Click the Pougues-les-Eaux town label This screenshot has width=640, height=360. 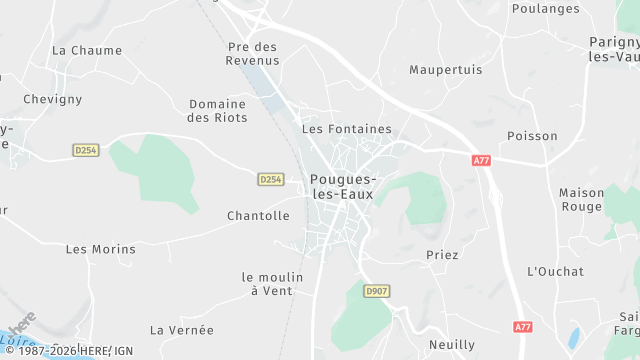pos(342,187)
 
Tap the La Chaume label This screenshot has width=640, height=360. pos(87,50)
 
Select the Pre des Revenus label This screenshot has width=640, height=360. pos(253,53)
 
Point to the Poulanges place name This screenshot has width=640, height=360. pos(545,8)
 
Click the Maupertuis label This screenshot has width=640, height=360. pos(446,70)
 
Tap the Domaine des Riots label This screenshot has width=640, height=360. pos(217,110)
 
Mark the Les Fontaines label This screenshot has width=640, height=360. pos(347,129)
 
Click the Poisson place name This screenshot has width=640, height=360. pos(560,136)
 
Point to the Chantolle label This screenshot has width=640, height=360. pos(258,216)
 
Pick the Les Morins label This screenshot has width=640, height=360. pos(100,249)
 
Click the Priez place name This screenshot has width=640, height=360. pos(442,255)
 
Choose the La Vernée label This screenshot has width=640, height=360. pos(182,330)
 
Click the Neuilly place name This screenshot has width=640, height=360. pos(452,344)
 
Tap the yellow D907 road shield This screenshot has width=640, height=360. pos(376,291)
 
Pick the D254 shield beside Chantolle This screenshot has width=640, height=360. pos(270,179)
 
